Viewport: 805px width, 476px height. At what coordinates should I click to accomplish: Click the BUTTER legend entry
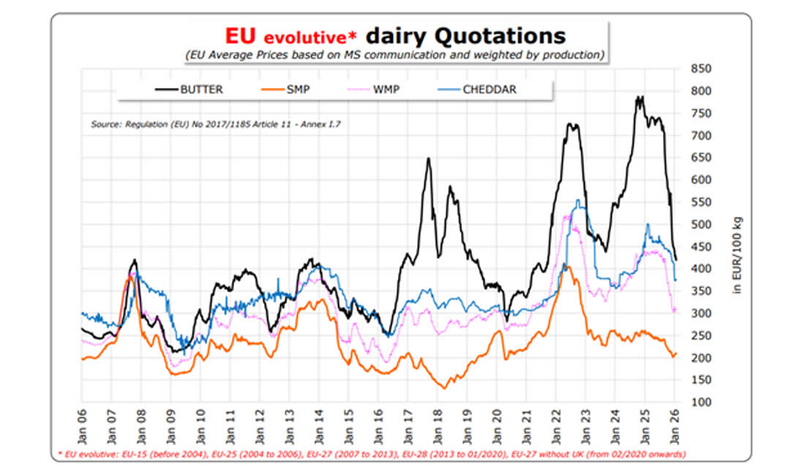(191, 91)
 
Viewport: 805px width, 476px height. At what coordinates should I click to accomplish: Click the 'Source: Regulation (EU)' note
(215, 124)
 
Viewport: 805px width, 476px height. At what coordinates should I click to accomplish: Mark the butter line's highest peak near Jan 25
(640, 97)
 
